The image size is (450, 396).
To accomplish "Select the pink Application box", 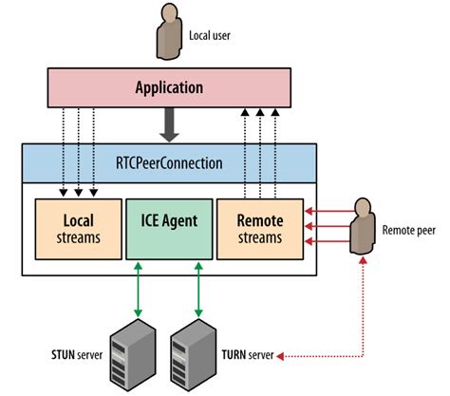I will coord(170,88).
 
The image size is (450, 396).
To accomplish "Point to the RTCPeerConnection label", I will coord(171,162).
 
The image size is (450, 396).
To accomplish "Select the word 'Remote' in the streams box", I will coord(260,219).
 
